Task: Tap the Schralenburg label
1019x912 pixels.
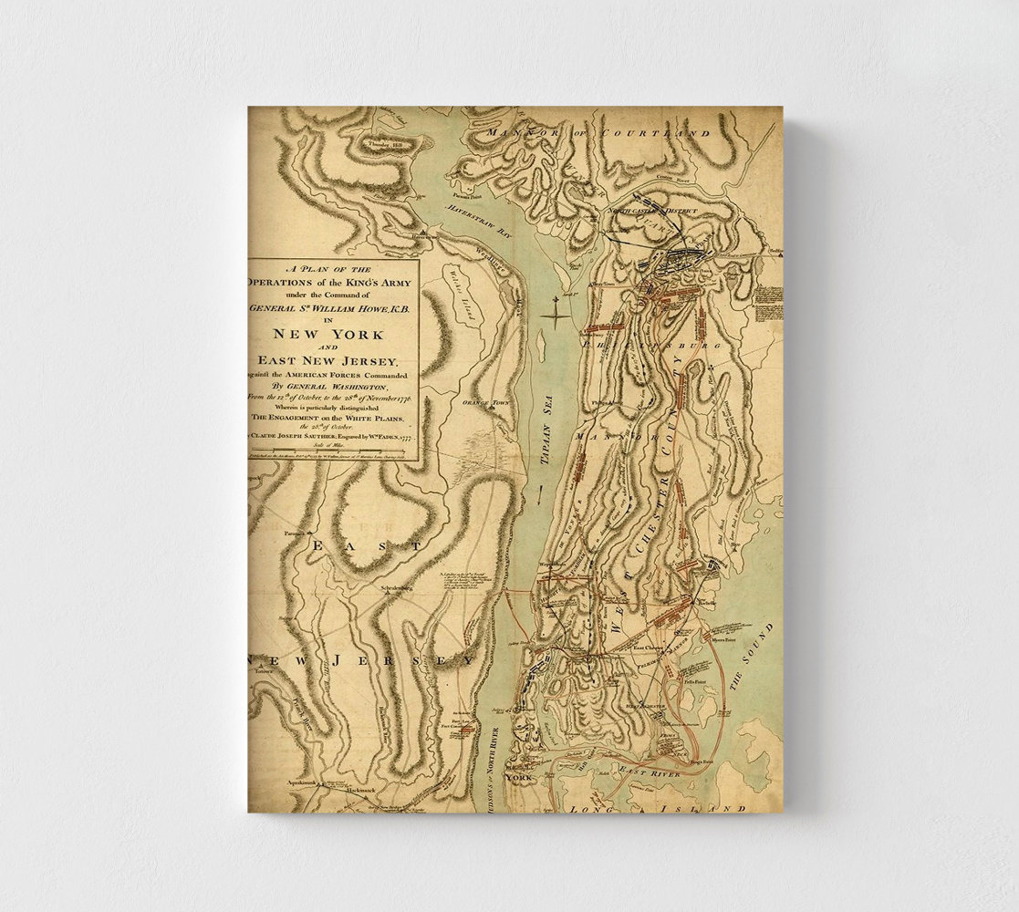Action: click(397, 588)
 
